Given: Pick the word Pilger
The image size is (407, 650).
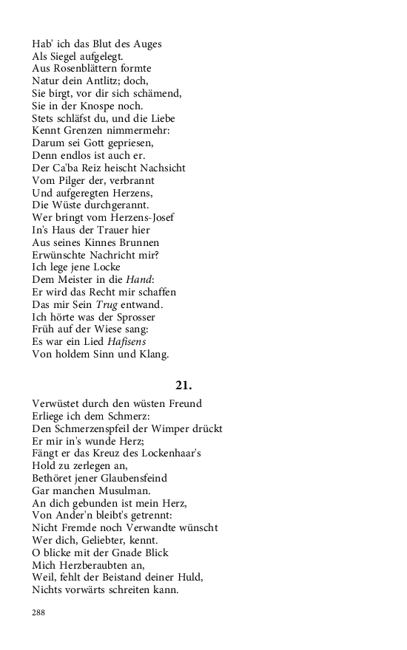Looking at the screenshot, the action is (x=77, y=180).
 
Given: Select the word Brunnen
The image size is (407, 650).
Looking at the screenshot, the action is (x=134, y=242).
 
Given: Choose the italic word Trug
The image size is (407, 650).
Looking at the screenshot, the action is (x=107, y=304).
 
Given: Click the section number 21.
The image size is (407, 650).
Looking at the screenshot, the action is (x=184, y=385).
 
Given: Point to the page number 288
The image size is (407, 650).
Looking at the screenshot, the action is (x=39, y=612).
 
